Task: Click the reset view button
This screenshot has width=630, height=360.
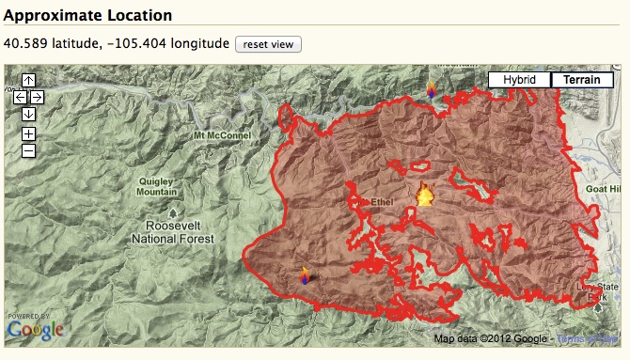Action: (x=268, y=45)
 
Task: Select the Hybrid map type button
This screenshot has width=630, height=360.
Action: (x=518, y=80)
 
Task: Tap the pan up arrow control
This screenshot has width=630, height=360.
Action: (x=28, y=81)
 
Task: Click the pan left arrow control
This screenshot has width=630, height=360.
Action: (x=20, y=97)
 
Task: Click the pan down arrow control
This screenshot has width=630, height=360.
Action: (x=28, y=114)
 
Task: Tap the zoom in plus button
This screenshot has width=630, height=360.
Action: (x=28, y=133)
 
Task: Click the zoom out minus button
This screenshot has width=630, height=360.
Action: (x=28, y=150)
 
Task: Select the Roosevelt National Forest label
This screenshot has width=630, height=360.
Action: (x=181, y=232)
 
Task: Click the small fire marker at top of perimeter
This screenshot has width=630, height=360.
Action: (x=431, y=89)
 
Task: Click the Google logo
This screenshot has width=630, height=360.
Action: (x=35, y=329)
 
